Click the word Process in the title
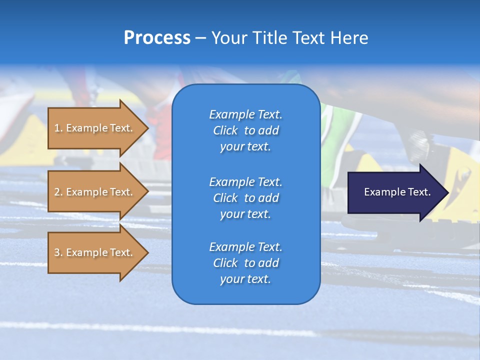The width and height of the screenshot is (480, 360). tap(157, 37)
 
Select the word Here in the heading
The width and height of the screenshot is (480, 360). tap(348, 38)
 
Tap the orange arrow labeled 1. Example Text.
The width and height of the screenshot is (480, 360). tap(95, 128)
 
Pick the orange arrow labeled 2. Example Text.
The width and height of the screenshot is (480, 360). tap(95, 192)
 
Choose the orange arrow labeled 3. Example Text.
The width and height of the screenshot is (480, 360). tap(95, 252)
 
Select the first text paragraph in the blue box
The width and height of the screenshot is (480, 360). tap(245, 130)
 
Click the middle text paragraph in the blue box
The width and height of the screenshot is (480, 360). tap(245, 198)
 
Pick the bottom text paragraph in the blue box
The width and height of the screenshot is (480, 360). tap(245, 263)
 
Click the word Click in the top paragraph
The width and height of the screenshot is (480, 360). tap(225, 130)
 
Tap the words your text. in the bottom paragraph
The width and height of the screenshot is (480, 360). tap(245, 279)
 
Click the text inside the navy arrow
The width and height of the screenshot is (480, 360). tap(397, 192)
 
